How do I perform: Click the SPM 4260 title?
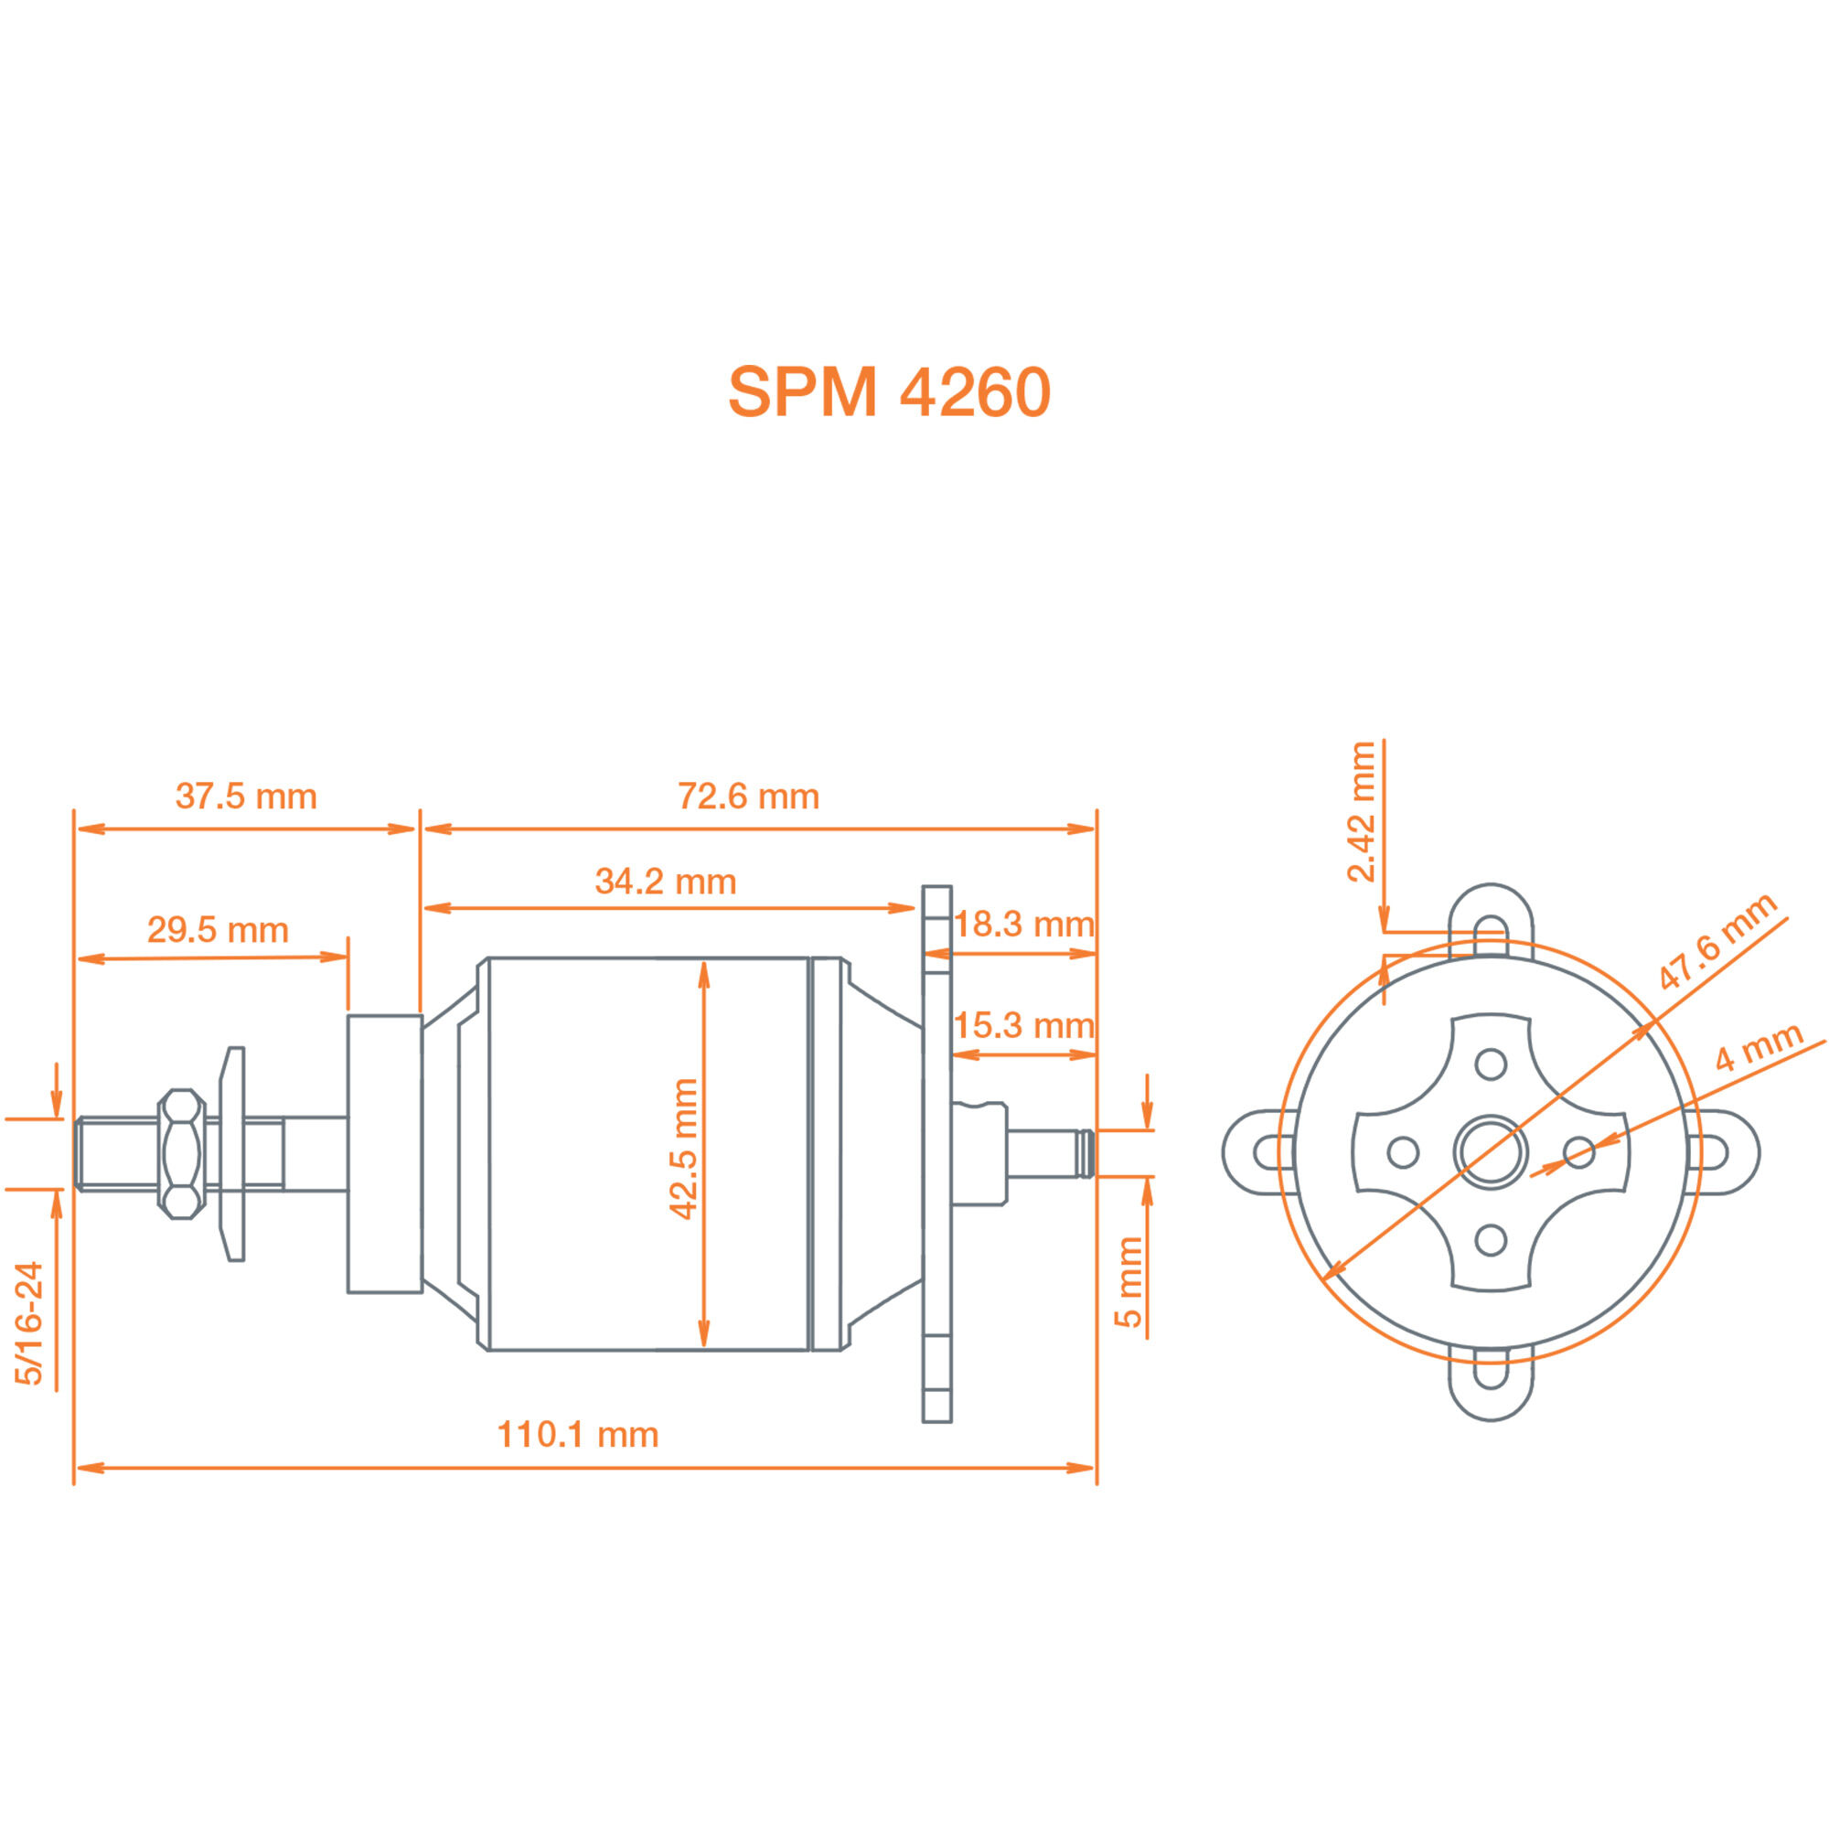pos(889,392)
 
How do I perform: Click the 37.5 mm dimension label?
pos(246,797)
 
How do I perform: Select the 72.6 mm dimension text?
pos(748,797)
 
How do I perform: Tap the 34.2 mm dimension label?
pos(666,882)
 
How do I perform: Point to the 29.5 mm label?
pos(218,930)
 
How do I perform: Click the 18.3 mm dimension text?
pos(1023,924)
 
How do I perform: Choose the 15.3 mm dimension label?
pos(1023,1025)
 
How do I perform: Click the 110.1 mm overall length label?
pos(577,1434)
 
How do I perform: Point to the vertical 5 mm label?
pos(1128,1282)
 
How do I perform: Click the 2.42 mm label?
pos(1362,811)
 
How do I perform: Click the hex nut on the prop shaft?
pos(181,1153)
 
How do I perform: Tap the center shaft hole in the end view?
pos(1490,1152)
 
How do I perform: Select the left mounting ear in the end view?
pos(1255,1152)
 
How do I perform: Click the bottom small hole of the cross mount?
pos(1491,1239)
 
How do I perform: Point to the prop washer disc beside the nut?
pos(233,1153)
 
